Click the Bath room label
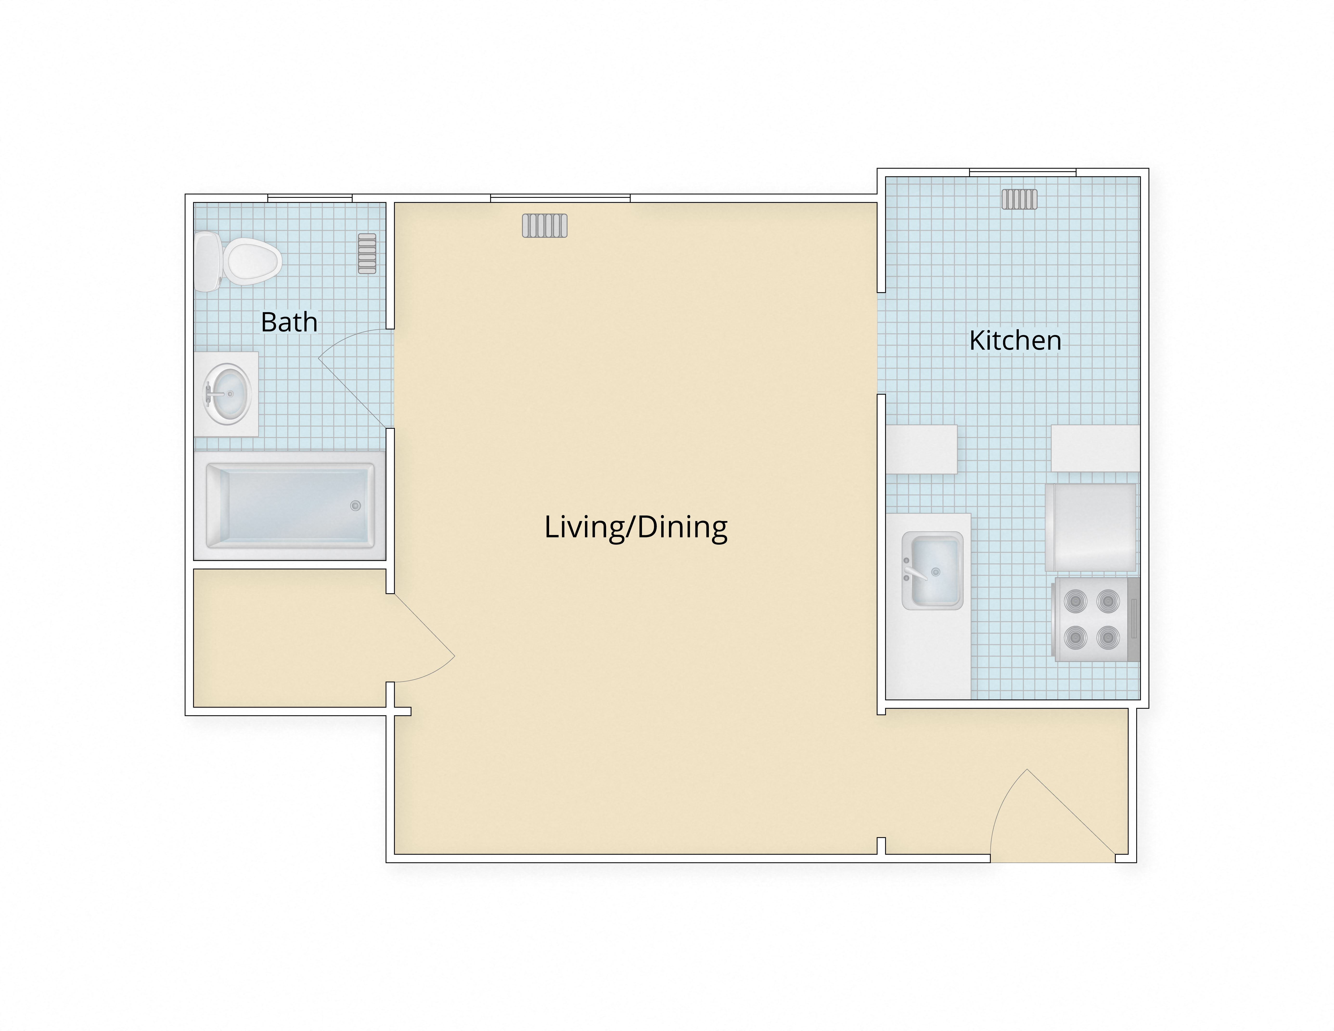[289, 322]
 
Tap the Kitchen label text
[1015, 340]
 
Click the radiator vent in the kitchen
[1019, 199]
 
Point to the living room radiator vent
[544, 225]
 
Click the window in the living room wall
[560, 198]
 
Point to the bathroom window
[310, 198]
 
